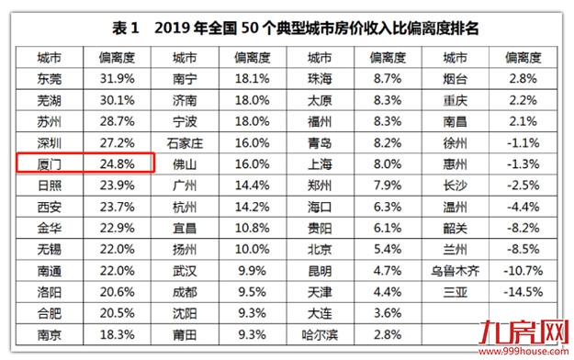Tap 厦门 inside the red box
click(x=51, y=164)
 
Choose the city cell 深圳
click(x=51, y=143)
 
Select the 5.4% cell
click(x=386, y=249)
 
